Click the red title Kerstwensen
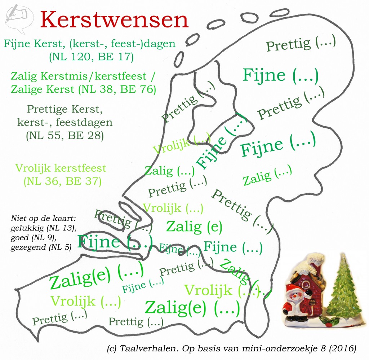[115, 20]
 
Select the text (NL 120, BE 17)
[89, 57]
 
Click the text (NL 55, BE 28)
[65, 136]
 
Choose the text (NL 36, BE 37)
[62, 181]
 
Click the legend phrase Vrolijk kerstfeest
[61, 168]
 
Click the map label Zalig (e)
[194, 227]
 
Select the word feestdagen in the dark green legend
[86, 123]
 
